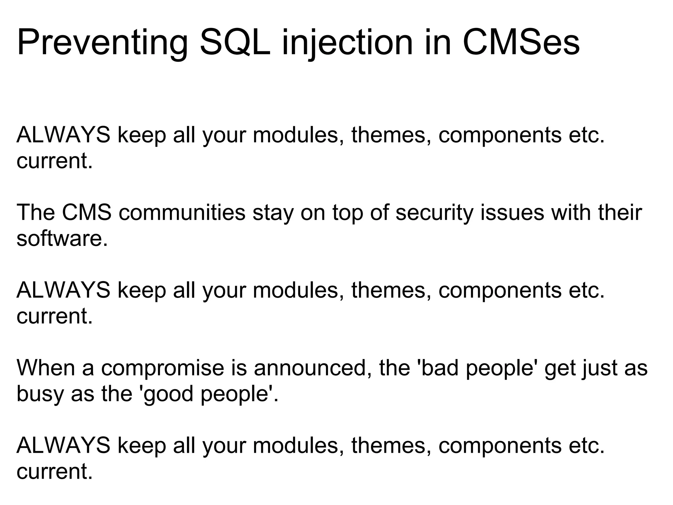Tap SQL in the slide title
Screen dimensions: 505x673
(235, 43)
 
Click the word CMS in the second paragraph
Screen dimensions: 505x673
(87, 212)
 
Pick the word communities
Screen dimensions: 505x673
(182, 212)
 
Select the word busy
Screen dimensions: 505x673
(40, 394)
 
